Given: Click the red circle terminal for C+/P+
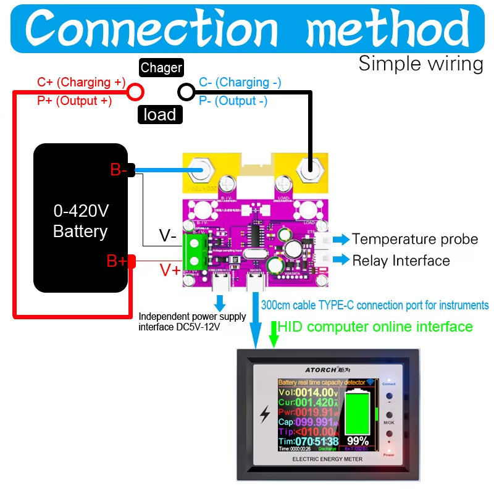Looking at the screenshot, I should pos(135,92).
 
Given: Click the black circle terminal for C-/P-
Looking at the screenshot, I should pos(186,92).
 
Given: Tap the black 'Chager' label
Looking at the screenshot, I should pos(161,68).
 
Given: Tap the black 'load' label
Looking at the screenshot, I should pos(160,114).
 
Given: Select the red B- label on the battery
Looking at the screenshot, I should pos(119,170).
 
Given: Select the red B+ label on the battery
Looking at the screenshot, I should pos(117,261).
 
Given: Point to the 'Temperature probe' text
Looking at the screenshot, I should pos(415,239).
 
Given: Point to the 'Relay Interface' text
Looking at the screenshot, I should pos(401,261).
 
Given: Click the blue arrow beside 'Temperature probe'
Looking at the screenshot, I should pos(341,239).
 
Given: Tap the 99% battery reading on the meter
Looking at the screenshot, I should pos(358,441).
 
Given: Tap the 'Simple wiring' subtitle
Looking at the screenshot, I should pos(421,64).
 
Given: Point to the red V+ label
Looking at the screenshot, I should pos(171,269).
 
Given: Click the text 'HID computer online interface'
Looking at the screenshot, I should pos(375,326).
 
